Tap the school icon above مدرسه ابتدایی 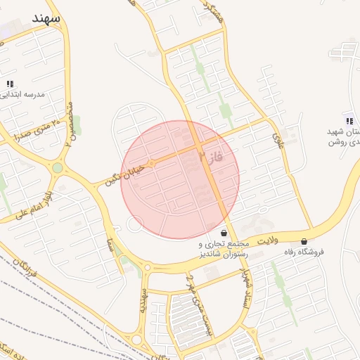click(10, 84)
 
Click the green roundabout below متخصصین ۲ click(57, 168)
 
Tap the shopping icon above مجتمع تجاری click(224, 233)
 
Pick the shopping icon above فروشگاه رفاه click(304, 241)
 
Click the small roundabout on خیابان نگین click(150, 163)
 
